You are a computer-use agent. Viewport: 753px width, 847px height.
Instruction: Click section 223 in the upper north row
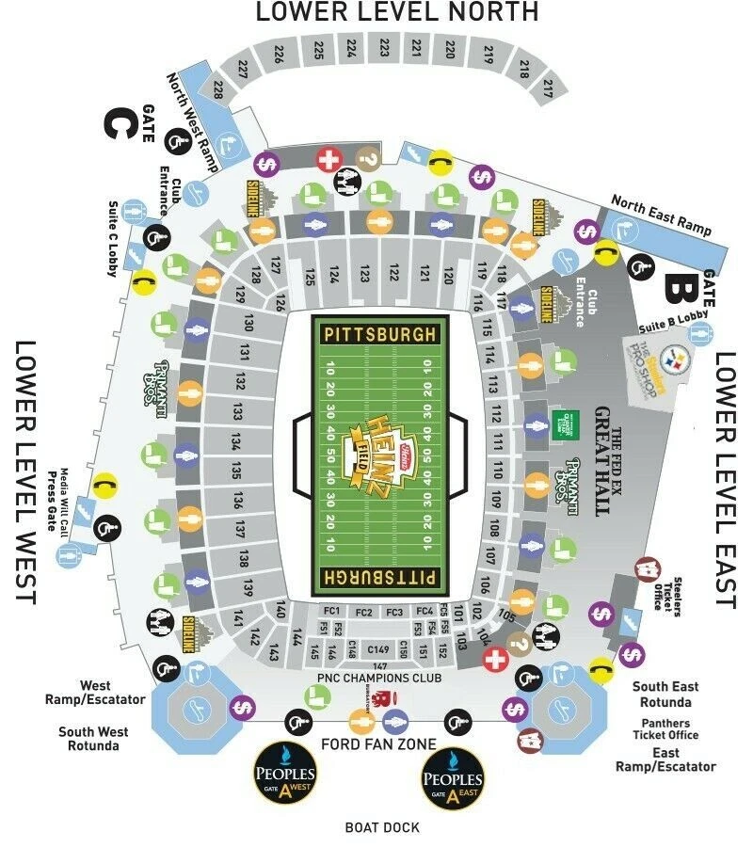pyautogui.click(x=384, y=47)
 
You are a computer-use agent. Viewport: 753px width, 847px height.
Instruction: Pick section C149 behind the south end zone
pyautogui.click(x=378, y=649)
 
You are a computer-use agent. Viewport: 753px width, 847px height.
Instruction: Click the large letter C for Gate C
pyautogui.click(x=118, y=125)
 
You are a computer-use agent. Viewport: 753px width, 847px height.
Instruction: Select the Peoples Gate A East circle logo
pyautogui.click(x=453, y=778)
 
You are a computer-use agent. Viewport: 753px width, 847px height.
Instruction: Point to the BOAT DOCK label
pyautogui.click(x=381, y=827)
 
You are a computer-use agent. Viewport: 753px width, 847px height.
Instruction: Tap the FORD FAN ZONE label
pyautogui.click(x=378, y=744)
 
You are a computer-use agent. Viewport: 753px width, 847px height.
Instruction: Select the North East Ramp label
pyautogui.click(x=662, y=216)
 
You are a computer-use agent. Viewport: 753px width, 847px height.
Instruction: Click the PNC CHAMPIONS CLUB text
pyautogui.click(x=380, y=679)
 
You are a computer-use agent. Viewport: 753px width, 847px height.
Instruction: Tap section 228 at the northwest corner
pyautogui.click(x=218, y=90)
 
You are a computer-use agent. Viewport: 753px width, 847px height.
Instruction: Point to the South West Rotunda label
pyautogui.click(x=93, y=739)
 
